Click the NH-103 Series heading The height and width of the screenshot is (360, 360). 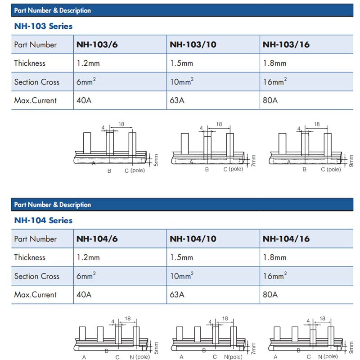click(43, 26)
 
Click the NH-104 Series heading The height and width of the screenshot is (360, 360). click(43, 220)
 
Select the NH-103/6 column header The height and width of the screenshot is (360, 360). click(97, 45)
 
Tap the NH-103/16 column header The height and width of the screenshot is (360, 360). click(286, 45)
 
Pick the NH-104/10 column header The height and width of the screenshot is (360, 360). click(193, 239)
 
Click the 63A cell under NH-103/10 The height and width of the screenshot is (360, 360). click(177, 100)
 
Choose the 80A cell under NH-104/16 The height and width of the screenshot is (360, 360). click(270, 294)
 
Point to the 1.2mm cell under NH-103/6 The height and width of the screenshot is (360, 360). click(88, 63)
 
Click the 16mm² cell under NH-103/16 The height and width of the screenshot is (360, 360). click(274, 81)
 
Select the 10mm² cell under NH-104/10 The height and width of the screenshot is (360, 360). click(182, 275)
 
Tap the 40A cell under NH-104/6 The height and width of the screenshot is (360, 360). click(84, 294)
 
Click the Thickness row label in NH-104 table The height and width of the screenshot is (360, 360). click(30, 257)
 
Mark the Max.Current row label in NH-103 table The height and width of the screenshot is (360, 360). click(36, 100)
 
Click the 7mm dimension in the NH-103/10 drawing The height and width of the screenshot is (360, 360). click(253, 161)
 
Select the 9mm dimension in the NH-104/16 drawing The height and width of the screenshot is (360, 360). click(351, 347)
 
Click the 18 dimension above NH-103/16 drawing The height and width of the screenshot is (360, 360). click(316, 124)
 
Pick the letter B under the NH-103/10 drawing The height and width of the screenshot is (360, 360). click(207, 169)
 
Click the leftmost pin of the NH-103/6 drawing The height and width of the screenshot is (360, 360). click(87, 142)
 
